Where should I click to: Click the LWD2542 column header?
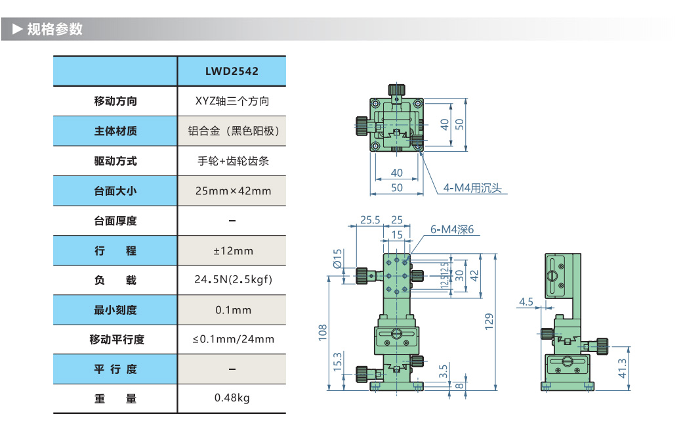point(232,72)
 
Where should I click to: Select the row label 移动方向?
point(115,101)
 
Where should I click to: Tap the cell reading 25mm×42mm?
point(232,191)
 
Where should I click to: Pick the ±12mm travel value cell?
point(232,251)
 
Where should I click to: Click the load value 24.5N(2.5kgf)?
point(232,281)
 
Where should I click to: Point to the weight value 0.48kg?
point(232,398)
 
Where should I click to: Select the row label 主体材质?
point(115,131)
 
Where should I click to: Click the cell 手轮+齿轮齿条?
point(232,161)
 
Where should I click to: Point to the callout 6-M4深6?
point(451,229)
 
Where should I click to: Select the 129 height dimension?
point(489,321)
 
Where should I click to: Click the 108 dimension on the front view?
point(322,332)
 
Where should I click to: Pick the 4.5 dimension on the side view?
point(526,302)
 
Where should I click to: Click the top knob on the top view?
point(396,90)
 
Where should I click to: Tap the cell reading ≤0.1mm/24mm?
point(232,340)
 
